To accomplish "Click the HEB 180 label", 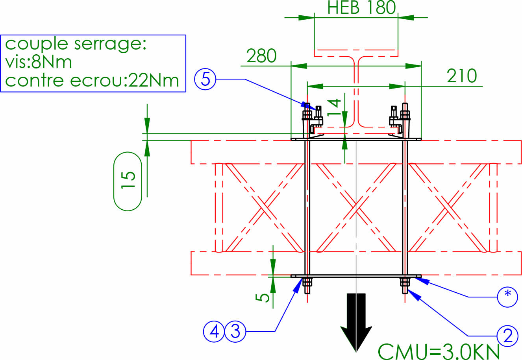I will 361,8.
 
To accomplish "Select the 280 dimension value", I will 261,56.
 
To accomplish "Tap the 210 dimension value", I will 461,76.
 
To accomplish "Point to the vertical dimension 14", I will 335,107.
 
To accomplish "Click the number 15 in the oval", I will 128,181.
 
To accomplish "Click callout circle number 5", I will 205,79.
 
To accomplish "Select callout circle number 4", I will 214,331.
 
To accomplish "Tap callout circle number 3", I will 235,331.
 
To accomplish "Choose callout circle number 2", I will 507,336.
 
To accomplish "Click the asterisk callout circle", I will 507,297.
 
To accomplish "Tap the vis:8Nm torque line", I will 39,62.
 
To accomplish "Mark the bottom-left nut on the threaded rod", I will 307,282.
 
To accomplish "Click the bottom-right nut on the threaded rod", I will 405,282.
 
